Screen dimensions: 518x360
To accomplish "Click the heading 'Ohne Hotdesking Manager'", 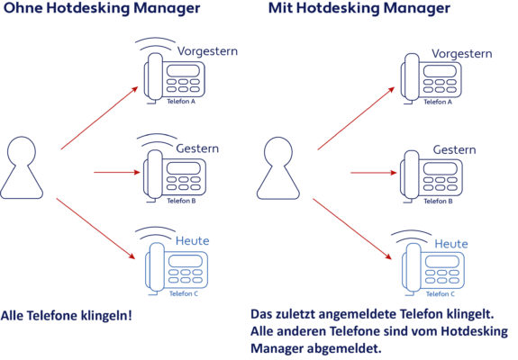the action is [x=102, y=8].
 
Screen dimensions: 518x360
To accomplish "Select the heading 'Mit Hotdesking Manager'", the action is [x=359, y=8].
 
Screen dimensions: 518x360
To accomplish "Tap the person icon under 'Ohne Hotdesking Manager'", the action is [x=22, y=167].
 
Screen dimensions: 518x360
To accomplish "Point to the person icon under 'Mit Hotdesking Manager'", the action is [x=278, y=168].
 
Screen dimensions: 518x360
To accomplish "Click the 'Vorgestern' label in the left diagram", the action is [x=207, y=51].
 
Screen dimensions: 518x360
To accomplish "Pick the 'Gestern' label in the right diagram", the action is [x=455, y=149].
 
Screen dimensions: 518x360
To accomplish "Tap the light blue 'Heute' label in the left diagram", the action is [x=192, y=240].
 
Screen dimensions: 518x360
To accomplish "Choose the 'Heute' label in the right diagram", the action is [x=451, y=244].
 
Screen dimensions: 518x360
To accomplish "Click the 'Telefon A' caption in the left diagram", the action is [x=181, y=102].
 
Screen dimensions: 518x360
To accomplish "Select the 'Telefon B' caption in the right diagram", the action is [x=438, y=201].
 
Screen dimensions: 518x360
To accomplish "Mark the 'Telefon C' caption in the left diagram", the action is [x=184, y=293].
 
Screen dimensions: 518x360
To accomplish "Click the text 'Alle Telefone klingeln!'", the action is [x=67, y=316].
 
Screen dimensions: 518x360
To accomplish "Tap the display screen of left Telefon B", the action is [x=184, y=168].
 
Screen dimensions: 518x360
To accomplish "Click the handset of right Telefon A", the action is [x=412, y=76].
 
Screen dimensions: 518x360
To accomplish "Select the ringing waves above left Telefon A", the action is [x=155, y=44].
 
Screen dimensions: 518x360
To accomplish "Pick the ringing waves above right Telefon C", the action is [x=412, y=238].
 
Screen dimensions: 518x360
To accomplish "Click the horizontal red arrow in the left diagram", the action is [x=117, y=172].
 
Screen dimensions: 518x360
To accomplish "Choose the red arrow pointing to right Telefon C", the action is [x=352, y=229].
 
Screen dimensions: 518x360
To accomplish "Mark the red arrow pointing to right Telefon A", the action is [x=356, y=119].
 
